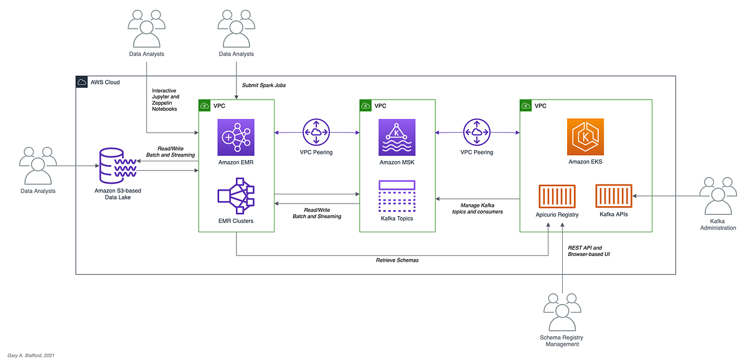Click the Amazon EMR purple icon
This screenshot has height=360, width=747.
click(236, 138)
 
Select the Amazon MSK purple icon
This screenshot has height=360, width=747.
click(397, 138)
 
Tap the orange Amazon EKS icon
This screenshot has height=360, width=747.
click(585, 137)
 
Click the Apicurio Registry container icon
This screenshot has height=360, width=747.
click(557, 196)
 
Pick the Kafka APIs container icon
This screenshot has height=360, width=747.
click(614, 196)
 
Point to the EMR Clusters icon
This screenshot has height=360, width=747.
click(236, 196)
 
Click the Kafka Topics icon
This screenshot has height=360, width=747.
click(397, 196)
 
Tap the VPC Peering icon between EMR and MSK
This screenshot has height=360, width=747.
click(316, 132)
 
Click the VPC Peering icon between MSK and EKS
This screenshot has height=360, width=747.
click(477, 132)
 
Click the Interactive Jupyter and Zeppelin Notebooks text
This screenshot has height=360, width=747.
click(166, 100)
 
